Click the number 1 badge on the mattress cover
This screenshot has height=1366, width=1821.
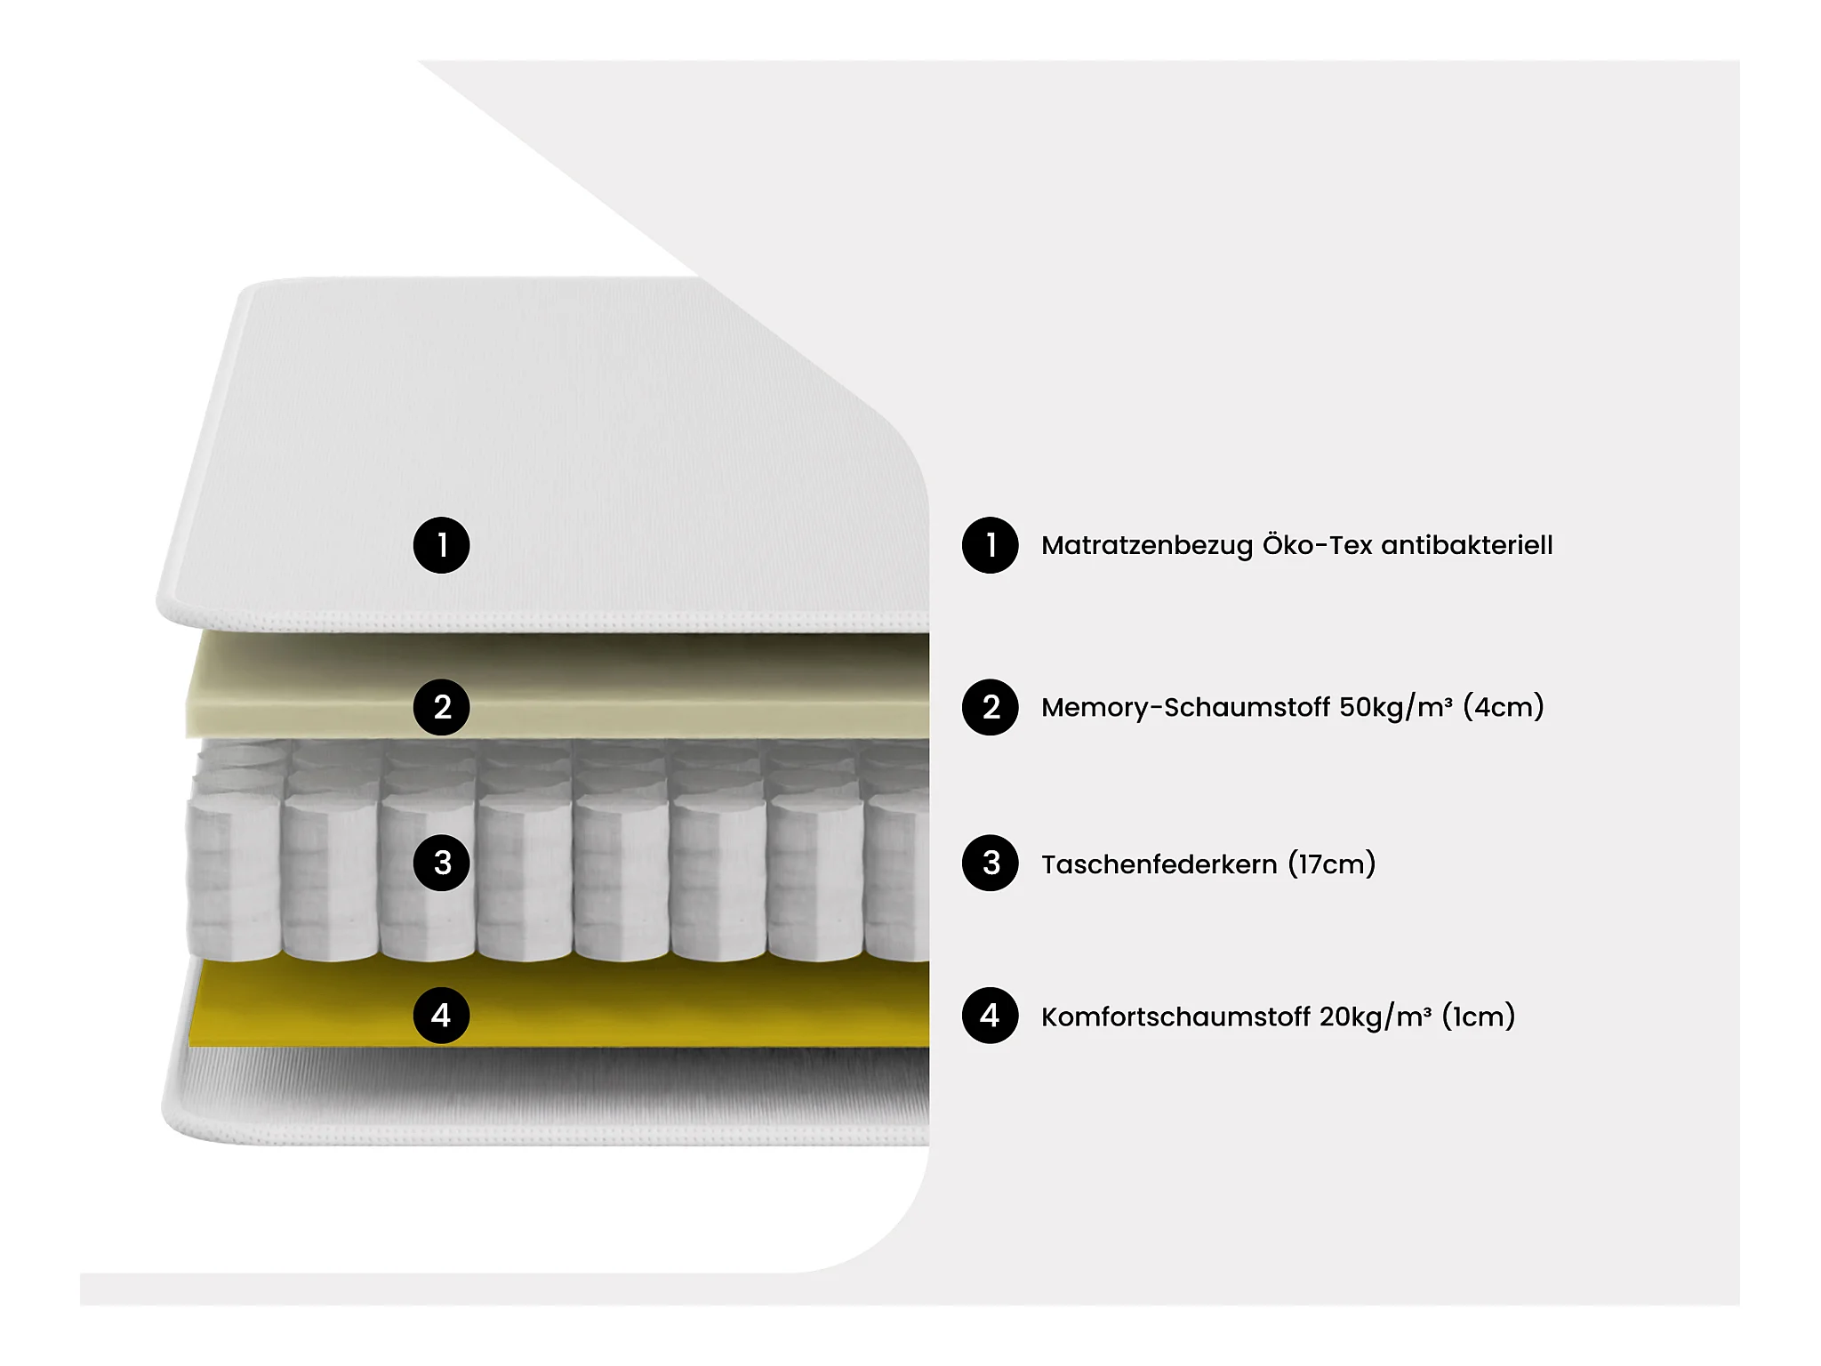(441, 545)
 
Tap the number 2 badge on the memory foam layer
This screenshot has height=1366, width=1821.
(441, 707)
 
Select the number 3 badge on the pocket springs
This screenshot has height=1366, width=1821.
(441, 863)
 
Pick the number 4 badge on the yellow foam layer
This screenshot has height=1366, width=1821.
(441, 1016)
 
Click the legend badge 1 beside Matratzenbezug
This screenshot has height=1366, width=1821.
(990, 545)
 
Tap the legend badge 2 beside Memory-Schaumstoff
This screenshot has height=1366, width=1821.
(990, 707)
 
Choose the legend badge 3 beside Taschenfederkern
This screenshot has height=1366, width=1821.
(990, 863)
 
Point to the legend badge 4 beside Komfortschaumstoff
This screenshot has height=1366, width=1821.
(990, 1016)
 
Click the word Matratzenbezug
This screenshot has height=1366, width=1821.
(1147, 546)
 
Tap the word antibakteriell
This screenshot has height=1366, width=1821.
(1467, 544)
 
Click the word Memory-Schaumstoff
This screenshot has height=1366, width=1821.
(1186, 708)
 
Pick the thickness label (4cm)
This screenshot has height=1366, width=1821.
(1504, 707)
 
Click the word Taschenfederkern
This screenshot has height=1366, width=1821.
(1159, 864)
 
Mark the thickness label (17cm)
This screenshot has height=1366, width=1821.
(1332, 864)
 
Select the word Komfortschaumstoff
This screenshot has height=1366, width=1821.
(1175, 1017)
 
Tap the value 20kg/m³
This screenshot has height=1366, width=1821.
(1376, 1017)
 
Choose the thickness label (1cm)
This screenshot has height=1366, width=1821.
(1479, 1016)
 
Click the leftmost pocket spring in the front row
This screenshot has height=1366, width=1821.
(235, 876)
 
